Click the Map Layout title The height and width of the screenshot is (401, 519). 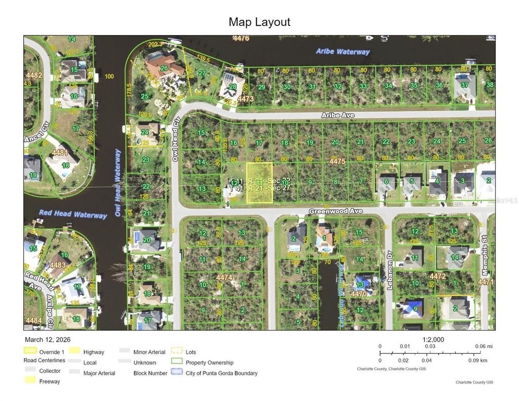(259, 22)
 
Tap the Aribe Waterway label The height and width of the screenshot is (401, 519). (343, 52)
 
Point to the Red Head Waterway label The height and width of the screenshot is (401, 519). (73, 214)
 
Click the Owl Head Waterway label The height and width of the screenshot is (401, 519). (118, 183)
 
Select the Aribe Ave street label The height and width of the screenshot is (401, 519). (338, 116)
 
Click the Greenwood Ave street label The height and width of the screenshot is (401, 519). (336, 211)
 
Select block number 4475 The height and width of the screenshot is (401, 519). (337, 162)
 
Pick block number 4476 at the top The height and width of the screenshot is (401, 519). (241, 38)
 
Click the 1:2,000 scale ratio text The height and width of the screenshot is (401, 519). (433, 340)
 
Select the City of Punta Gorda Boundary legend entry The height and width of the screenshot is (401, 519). (221, 373)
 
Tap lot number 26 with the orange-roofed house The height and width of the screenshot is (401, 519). (164, 68)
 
